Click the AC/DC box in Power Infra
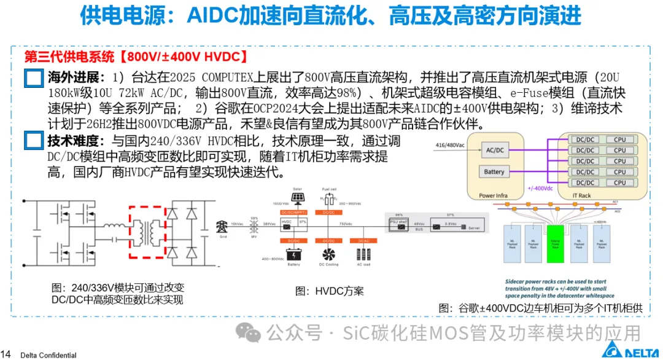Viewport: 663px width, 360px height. pyautogui.click(x=494, y=150)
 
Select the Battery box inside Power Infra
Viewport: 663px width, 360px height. pyautogui.click(x=494, y=172)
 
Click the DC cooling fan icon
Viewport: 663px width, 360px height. pyautogui.click(x=328, y=253)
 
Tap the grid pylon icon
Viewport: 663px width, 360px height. pyautogui.click(x=222, y=226)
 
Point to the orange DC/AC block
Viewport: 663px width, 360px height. pyautogui.click(x=363, y=241)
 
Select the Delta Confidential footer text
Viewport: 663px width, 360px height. pyautogui.click(x=48, y=355)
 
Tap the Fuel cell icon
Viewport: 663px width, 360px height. pyautogui.click(x=328, y=198)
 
